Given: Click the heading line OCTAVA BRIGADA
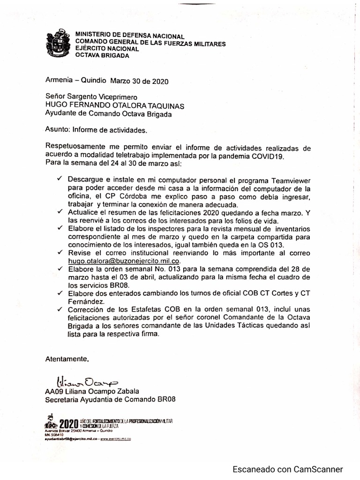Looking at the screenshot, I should [x=102, y=55].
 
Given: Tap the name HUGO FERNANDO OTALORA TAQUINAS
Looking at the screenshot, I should [x=114, y=105].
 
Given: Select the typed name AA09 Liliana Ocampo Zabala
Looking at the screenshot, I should [x=92, y=391].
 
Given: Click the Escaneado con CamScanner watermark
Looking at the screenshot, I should [x=289, y=469].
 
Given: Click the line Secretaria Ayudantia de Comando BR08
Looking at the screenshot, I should [x=110, y=400].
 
